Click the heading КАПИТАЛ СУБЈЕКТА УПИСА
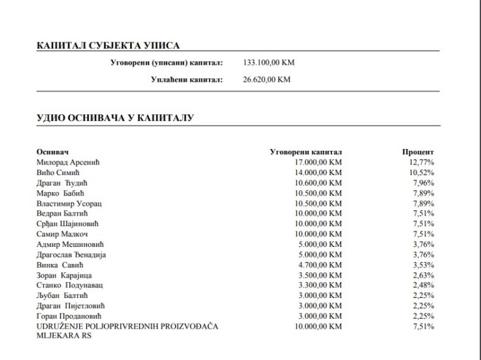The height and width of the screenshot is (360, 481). pos(108,46)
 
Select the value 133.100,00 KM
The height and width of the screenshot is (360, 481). pos(269,63)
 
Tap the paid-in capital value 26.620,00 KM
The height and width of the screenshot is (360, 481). pos(266,80)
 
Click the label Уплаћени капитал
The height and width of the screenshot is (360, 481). pos(187,80)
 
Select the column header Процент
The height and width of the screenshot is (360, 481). pos(418,152)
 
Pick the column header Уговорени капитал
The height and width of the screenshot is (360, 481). pos(306,152)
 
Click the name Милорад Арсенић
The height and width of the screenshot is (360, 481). pos(72,162)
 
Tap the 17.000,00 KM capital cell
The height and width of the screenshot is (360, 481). pos(318,162)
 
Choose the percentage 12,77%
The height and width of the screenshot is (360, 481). pos(422,162)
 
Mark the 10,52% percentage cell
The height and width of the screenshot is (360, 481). pos(422,172)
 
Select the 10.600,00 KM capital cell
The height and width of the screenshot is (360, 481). pos(318,182)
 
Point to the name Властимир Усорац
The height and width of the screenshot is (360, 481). pos(74,203)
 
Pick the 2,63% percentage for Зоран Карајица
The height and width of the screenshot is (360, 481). pos(423,275)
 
